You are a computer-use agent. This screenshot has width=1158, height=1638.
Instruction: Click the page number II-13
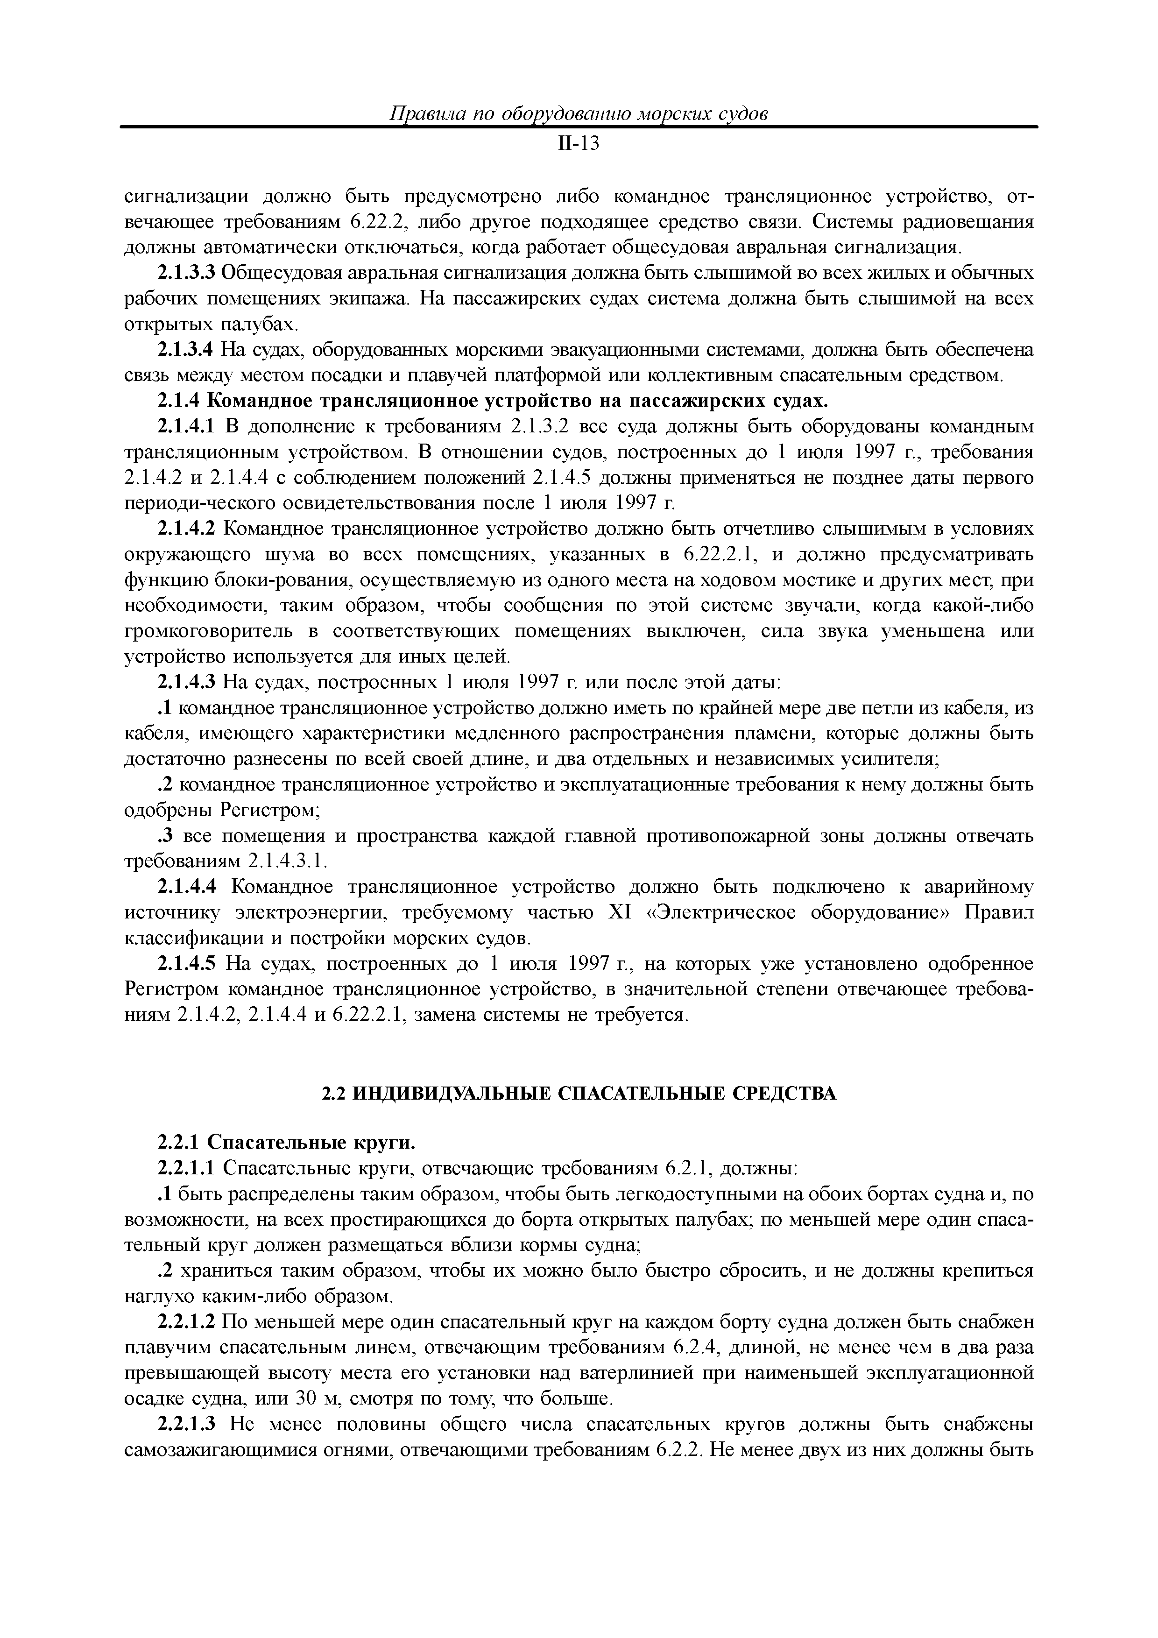pos(579,144)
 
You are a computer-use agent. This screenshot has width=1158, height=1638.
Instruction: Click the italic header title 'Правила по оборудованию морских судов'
pos(579,113)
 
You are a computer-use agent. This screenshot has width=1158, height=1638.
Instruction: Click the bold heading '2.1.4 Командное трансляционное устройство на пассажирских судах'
pos(492,401)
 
